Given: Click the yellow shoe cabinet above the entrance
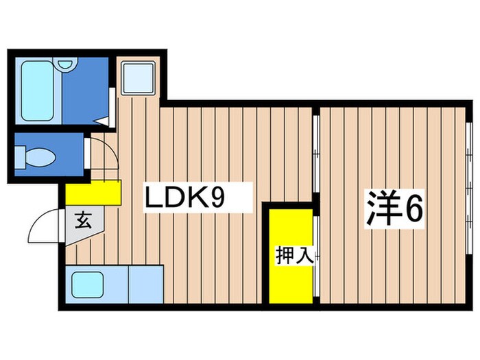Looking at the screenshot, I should tap(94, 192).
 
